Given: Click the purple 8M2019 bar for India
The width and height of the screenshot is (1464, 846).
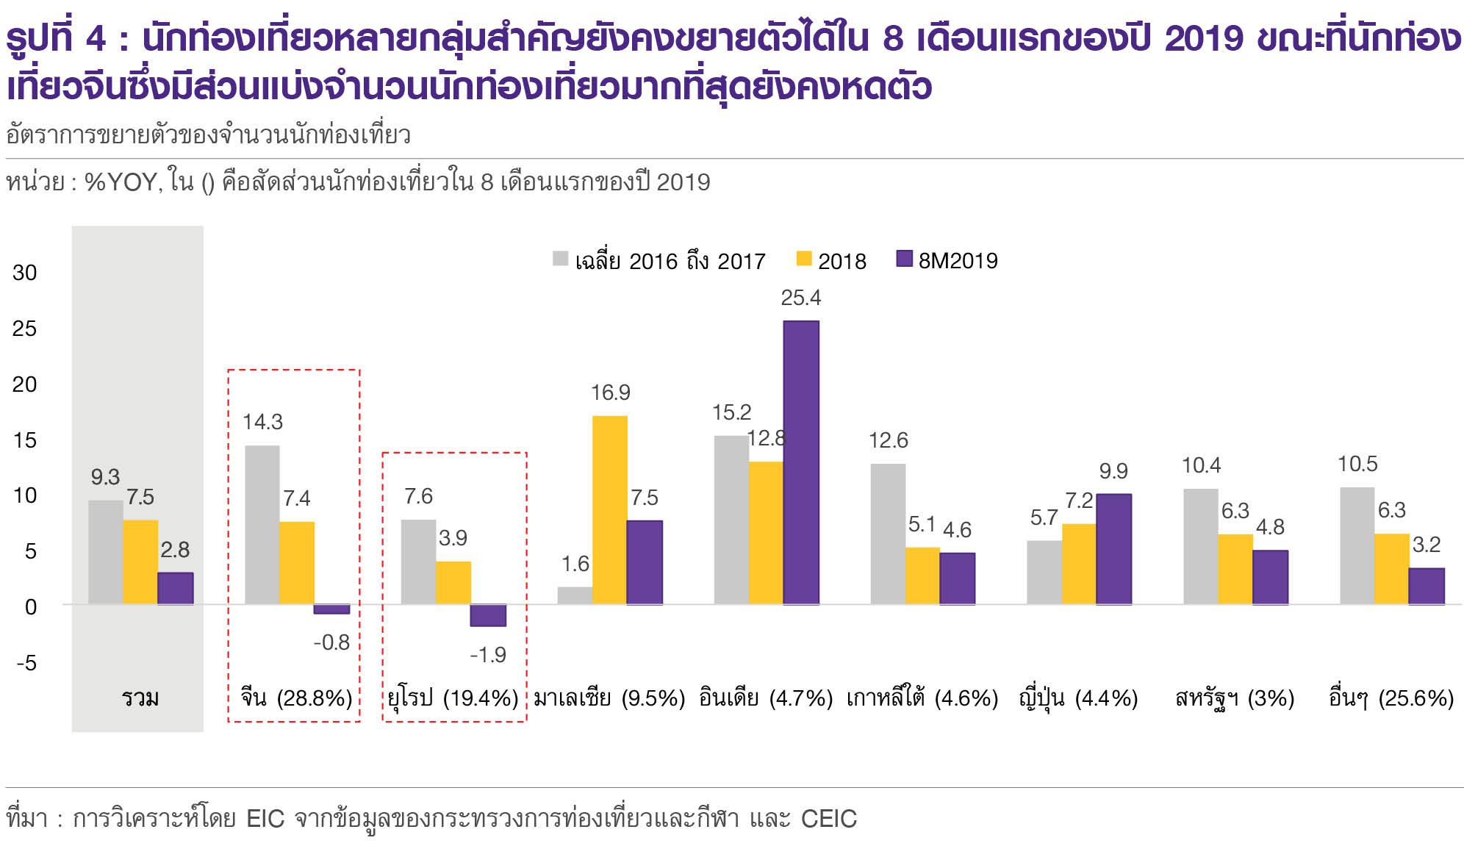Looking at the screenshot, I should [800, 463].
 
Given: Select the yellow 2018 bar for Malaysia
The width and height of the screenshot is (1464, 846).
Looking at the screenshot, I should [610, 510].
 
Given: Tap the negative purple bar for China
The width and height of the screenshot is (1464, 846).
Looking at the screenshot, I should [331, 609].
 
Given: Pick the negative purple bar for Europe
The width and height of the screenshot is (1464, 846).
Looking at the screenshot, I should [488, 615].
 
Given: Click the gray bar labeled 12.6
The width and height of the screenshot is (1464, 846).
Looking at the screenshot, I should [888, 534].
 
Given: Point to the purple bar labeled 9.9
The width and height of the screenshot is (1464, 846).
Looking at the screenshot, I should [1113, 549].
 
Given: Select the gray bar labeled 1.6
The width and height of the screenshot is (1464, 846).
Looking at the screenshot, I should [575, 595].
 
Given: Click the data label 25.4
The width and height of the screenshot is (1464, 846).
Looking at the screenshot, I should [800, 298].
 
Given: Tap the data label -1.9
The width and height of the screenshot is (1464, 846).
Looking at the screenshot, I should [488, 654].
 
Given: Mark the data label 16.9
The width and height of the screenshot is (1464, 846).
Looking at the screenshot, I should [610, 392].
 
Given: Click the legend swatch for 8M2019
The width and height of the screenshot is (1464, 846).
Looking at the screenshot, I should [905, 259].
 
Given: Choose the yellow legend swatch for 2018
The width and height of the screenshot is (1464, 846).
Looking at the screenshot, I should [804, 259].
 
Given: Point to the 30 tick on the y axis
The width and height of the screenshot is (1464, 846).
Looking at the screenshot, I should [24, 273].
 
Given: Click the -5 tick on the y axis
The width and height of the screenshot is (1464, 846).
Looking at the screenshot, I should [26, 663].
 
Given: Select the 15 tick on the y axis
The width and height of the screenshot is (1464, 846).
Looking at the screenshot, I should [24, 440].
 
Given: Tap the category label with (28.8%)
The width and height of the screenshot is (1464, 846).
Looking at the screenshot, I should [296, 697].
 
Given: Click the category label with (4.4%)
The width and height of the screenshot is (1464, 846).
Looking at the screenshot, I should [1078, 697].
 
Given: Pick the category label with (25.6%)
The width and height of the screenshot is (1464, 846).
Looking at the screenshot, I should [1391, 697].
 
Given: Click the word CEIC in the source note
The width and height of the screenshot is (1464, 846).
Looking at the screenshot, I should [828, 819].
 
